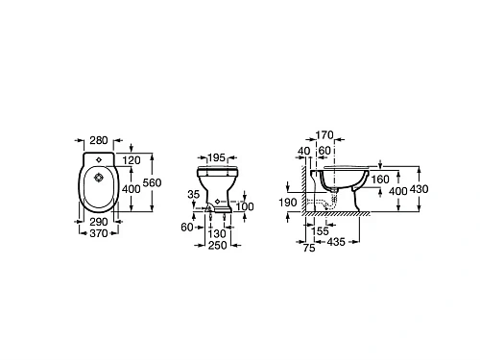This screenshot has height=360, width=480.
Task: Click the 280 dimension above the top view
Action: pos(99,140)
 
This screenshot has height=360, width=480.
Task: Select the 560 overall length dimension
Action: pos(152,182)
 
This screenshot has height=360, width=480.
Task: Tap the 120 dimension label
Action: pos(132,160)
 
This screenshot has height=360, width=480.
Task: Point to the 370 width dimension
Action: pos(99,233)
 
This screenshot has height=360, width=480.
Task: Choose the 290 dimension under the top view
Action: pos(99,222)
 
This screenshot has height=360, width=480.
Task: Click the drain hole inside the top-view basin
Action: pos(99,178)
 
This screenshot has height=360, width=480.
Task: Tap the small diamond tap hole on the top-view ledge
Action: pos(99,159)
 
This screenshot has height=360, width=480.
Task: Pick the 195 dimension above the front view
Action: pos(217,157)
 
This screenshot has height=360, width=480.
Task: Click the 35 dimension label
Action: pos(194,194)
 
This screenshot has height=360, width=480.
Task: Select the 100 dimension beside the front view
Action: pos(245,206)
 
